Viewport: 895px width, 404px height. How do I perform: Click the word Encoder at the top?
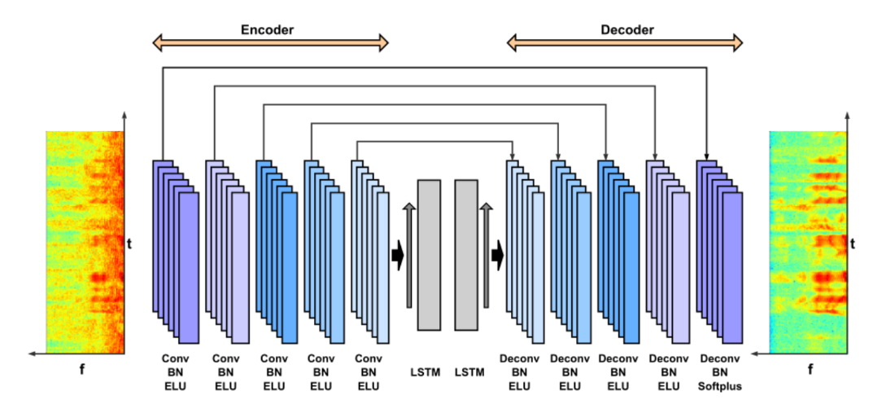point(267,30)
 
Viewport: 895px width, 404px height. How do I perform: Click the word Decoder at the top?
point(626,30)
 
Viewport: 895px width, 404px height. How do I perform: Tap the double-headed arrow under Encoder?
point(270,43)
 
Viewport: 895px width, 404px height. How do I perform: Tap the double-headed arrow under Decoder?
point(625,43)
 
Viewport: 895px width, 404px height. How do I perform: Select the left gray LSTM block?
point(429,254)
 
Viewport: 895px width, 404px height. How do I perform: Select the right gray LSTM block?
point(466,254)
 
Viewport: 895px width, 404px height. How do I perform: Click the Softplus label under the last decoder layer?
point(720,386)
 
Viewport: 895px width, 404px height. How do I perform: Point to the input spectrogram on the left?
point(85,242)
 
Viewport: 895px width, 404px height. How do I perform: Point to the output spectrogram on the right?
point(807,242)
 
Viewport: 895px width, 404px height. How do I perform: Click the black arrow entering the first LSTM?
point(397,255)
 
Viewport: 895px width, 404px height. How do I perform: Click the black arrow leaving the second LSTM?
point(498,255)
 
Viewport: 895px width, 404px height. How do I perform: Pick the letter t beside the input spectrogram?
point(129,242)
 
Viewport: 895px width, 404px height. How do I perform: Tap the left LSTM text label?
point(426,372)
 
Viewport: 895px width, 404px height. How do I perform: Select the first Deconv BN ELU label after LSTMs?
point(519,372)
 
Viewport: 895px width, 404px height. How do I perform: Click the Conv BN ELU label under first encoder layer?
point(174,372)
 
